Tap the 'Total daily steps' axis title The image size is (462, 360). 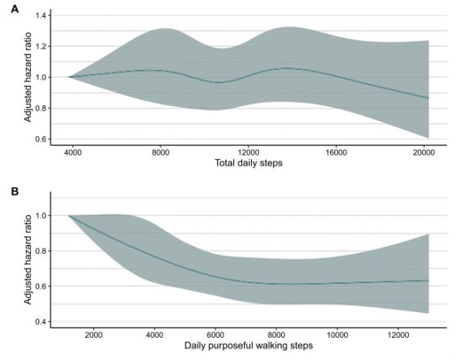click(x=248, y=165)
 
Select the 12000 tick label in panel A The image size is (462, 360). click(x=248, y=152)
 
